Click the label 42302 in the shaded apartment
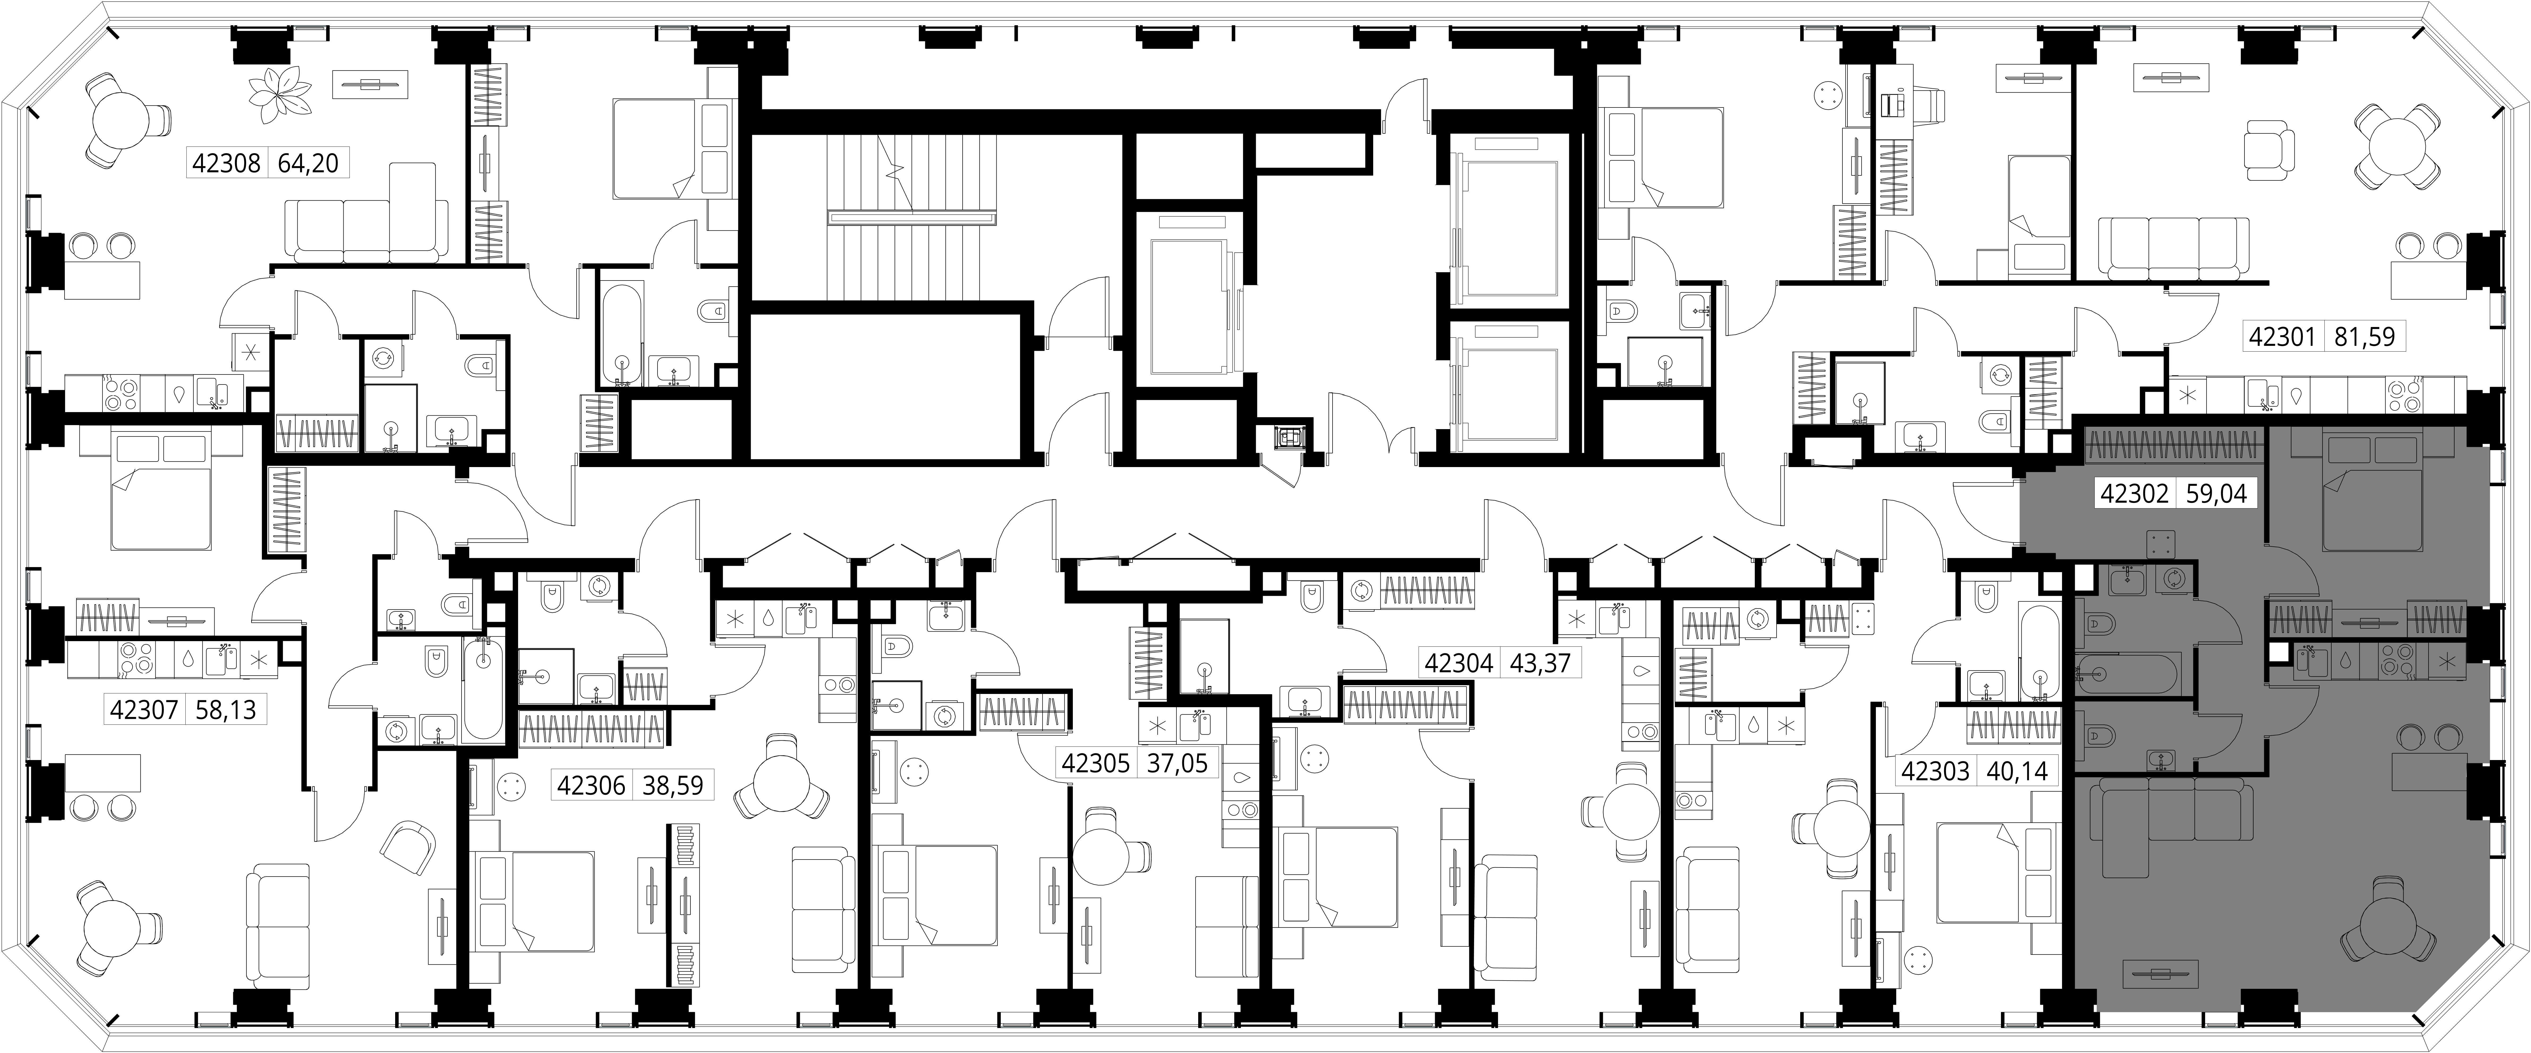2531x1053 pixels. pos(2134,493)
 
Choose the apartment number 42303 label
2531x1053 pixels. pos(1936,771)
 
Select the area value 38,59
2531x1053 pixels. pos(673,786)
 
